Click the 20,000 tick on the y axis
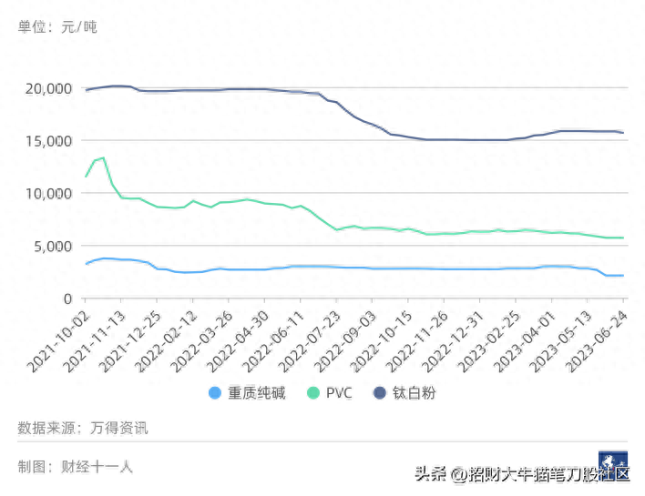point(46,88)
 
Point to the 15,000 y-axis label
point(46,140)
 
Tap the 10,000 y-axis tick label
point(46,193)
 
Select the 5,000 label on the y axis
point(50,246)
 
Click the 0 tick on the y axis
point(67,299)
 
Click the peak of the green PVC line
point(103,157)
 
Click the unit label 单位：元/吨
point(57,26)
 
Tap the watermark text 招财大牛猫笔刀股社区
point(547,474)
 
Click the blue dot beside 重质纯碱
point(215,393)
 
